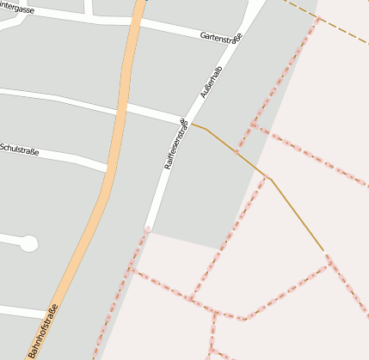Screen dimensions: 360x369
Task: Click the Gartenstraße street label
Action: pyautogui.click(x=221, y=37)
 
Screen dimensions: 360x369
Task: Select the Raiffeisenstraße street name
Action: pyautogui.click(x=175, y=143)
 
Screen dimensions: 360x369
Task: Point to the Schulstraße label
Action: pyautogui.click(x=19, y=149)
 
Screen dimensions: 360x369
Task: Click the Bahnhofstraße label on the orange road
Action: pyautogui.click(x=43, y=331)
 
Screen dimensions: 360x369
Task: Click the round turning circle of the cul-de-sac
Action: pyautogui.click(x=28, y=243)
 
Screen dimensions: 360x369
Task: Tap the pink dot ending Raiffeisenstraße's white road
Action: pyautogui.click(x=147, y=229)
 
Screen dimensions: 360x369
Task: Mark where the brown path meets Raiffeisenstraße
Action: pyautogui.click(x=191, y=124)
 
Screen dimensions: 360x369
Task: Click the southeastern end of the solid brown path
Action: pyautogui.click(x=323, y=250)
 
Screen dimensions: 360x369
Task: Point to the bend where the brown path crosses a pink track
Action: pyautogui.click(x=268, y=178)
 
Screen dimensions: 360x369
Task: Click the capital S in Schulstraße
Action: pyautogui.click(x=3, y=147)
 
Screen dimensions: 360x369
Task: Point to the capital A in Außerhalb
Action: pyautogui.click(x=203, y=93)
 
